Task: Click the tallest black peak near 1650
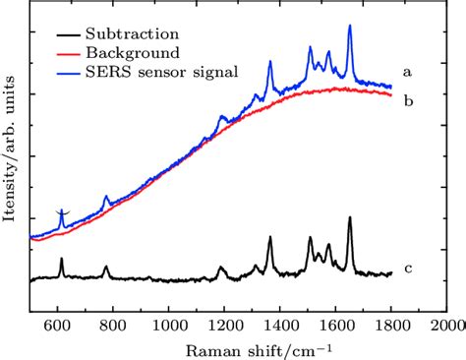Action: [349, 219]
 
